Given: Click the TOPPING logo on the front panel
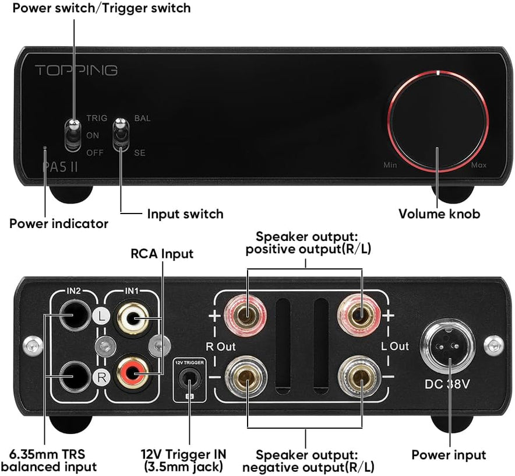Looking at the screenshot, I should [x=76, y=71].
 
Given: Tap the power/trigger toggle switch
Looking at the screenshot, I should [x=74, y=134].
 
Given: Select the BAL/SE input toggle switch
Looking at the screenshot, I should [x=121, y=134].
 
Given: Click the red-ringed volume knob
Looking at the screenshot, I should [x=437, y=122].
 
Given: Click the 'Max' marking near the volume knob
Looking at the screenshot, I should [x=478, y=166].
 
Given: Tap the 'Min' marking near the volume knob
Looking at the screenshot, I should [x=390, y=166].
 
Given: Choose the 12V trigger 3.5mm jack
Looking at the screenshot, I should [x=189, y=380].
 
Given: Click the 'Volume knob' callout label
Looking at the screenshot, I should [x=439, y=214].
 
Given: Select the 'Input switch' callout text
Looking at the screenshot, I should [x=185, y=214].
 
